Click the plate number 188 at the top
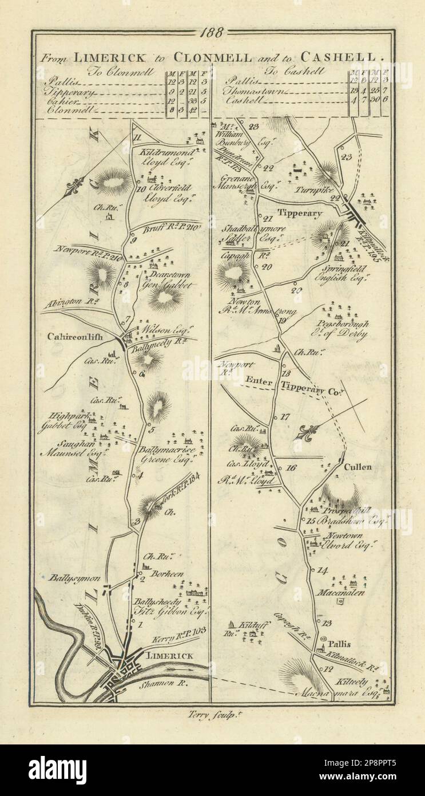coord(212,33)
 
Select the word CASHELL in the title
coord(345,57)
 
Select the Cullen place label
coord(358,467)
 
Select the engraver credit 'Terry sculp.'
coord(212,714)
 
